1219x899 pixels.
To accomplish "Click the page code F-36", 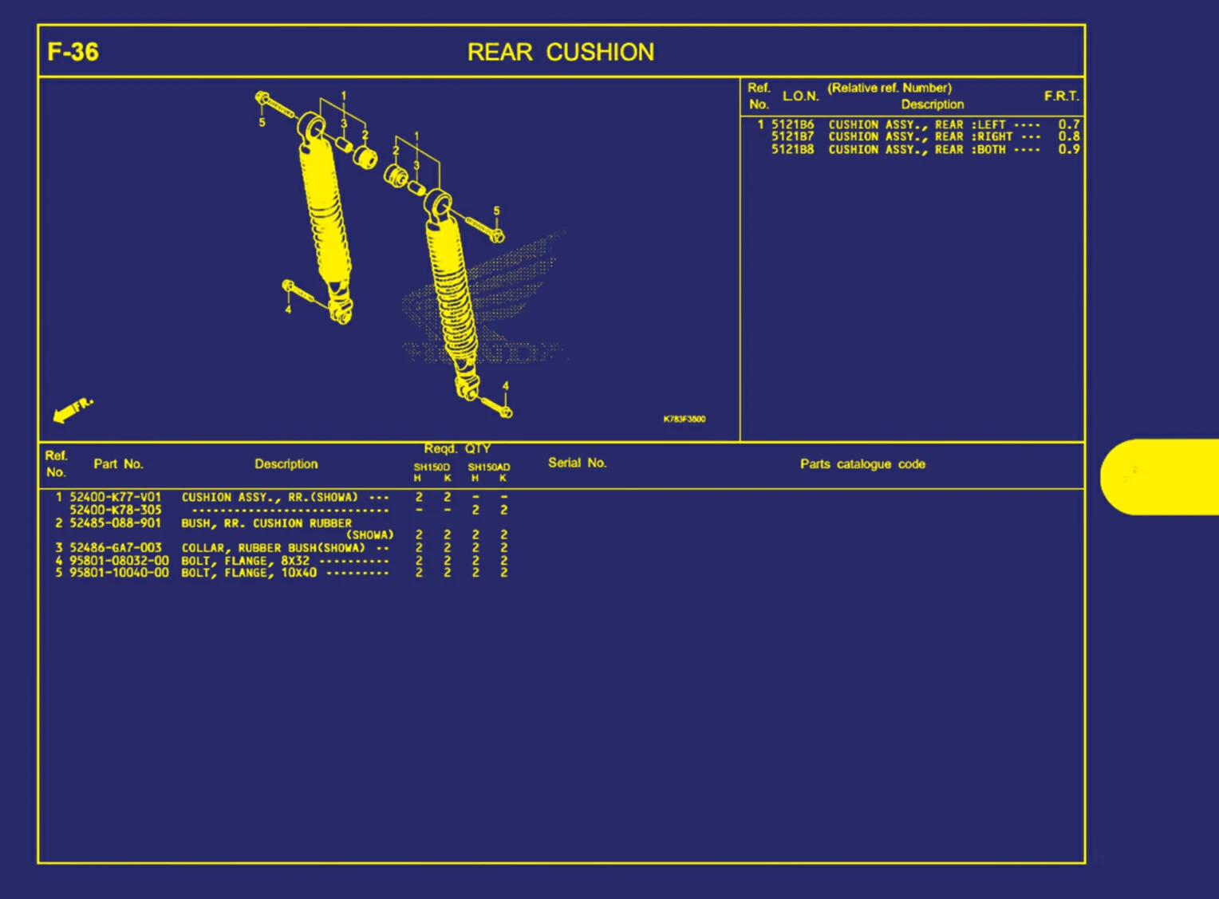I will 73,53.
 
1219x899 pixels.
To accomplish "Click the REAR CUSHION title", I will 560,53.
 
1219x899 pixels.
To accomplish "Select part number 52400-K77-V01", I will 115,497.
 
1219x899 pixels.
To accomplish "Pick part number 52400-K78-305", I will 115,510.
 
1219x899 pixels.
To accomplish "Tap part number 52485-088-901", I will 115,523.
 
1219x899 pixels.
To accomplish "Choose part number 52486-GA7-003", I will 115,548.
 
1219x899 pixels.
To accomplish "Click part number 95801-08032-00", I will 119,561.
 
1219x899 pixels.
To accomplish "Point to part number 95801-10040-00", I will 119,573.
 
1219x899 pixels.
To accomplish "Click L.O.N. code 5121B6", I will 792,124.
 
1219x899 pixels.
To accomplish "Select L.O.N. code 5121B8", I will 792,149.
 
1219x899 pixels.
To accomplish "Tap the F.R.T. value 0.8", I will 1068,136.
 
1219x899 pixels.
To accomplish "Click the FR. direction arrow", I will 73,409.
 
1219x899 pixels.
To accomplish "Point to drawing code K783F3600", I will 684,419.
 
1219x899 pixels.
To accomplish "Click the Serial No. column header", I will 577,463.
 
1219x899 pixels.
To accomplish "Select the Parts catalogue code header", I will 862,464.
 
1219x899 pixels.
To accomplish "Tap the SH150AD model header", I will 488,467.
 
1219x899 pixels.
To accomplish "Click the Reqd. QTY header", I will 457,449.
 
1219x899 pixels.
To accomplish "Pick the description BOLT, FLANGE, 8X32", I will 246,561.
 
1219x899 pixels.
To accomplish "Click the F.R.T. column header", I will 1061,97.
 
